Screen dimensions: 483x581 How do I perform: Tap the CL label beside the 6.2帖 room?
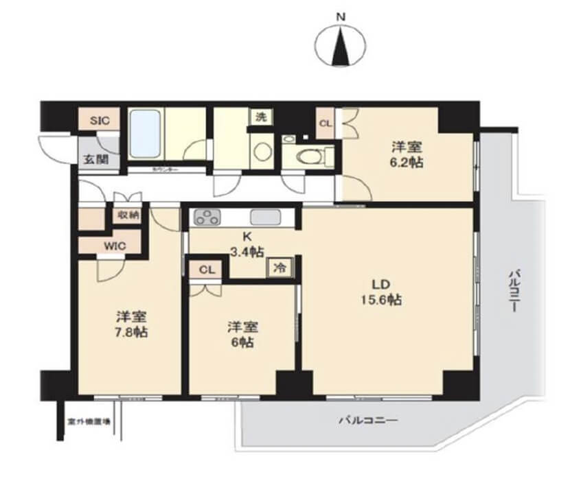tap(325, 124)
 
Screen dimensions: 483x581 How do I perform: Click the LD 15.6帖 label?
tap(382, 292)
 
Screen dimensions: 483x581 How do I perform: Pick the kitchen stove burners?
tap(207, 219)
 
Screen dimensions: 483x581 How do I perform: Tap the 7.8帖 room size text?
tap(130, 333)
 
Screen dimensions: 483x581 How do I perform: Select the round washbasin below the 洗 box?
tap(260, 151)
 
